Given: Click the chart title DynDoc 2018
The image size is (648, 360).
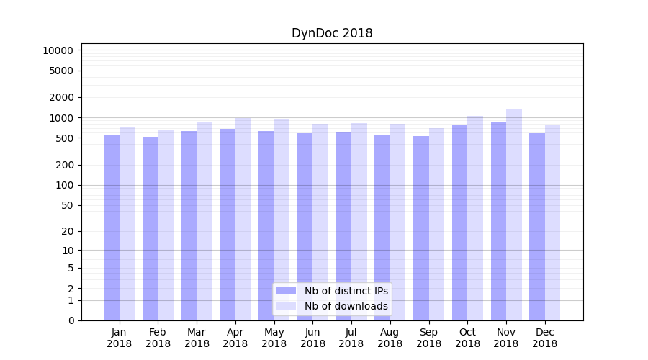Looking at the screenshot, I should tap(332, 33).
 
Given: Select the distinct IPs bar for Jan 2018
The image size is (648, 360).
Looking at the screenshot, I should tap(112, 228).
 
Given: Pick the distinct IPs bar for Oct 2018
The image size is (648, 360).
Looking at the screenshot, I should tap(459, 222).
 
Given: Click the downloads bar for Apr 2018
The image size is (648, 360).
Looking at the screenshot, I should tap(243, 219).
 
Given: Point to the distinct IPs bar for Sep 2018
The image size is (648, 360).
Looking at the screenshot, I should tap(420, 228).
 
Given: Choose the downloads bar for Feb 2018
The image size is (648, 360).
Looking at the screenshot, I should tap(166, 225).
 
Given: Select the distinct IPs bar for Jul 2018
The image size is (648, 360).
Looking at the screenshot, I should tap(343, 226).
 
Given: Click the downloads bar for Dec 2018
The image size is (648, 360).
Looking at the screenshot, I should tap(553, 222).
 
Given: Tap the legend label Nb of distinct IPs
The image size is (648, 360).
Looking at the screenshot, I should tap(346, 291).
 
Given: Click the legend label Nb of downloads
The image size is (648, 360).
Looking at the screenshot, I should tap(346, 306).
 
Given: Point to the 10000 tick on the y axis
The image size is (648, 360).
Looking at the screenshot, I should tap(58, 50).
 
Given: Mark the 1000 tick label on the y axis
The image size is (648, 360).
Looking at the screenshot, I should tap(61, 117).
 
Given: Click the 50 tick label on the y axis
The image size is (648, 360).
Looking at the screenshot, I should tap(67, 205).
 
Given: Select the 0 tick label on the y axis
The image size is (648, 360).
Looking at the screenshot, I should tap(71, 320).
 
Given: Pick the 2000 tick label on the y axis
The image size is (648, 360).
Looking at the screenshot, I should tap(61, 97).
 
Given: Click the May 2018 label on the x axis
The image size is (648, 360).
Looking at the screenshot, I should tap(274, 338).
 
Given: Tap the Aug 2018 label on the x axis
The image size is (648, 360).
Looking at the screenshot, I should tap(390, 338).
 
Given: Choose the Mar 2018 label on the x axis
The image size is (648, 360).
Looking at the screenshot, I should tap(197, 338).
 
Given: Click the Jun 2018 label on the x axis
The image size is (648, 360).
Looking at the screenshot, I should tap(312, 338).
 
